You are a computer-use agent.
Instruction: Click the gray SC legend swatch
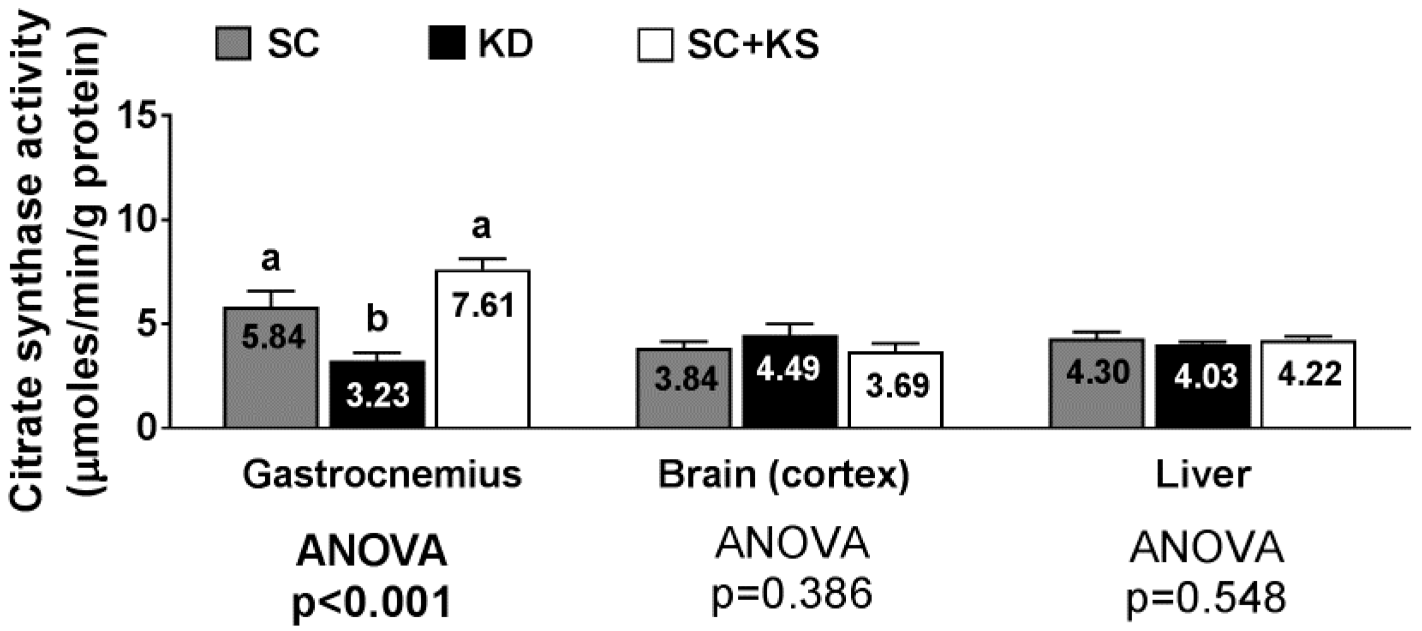(x=233, y=43)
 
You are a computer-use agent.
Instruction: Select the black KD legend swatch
(x=447, y=43)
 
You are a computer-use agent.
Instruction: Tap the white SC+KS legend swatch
(x=655, y=44)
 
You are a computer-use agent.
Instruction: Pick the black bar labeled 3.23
(x=378, y=394)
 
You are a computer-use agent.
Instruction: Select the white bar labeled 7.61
(x=483, y=349)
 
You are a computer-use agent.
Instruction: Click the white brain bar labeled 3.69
(x=895, y=390)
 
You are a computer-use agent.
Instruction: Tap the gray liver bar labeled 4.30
(x=1097, y=383)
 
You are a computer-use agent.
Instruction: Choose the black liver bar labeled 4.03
(x=1203, y=386)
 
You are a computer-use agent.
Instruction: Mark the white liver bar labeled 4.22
(x=1308, y=384)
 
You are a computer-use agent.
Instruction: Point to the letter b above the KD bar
(x=377, y=320)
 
